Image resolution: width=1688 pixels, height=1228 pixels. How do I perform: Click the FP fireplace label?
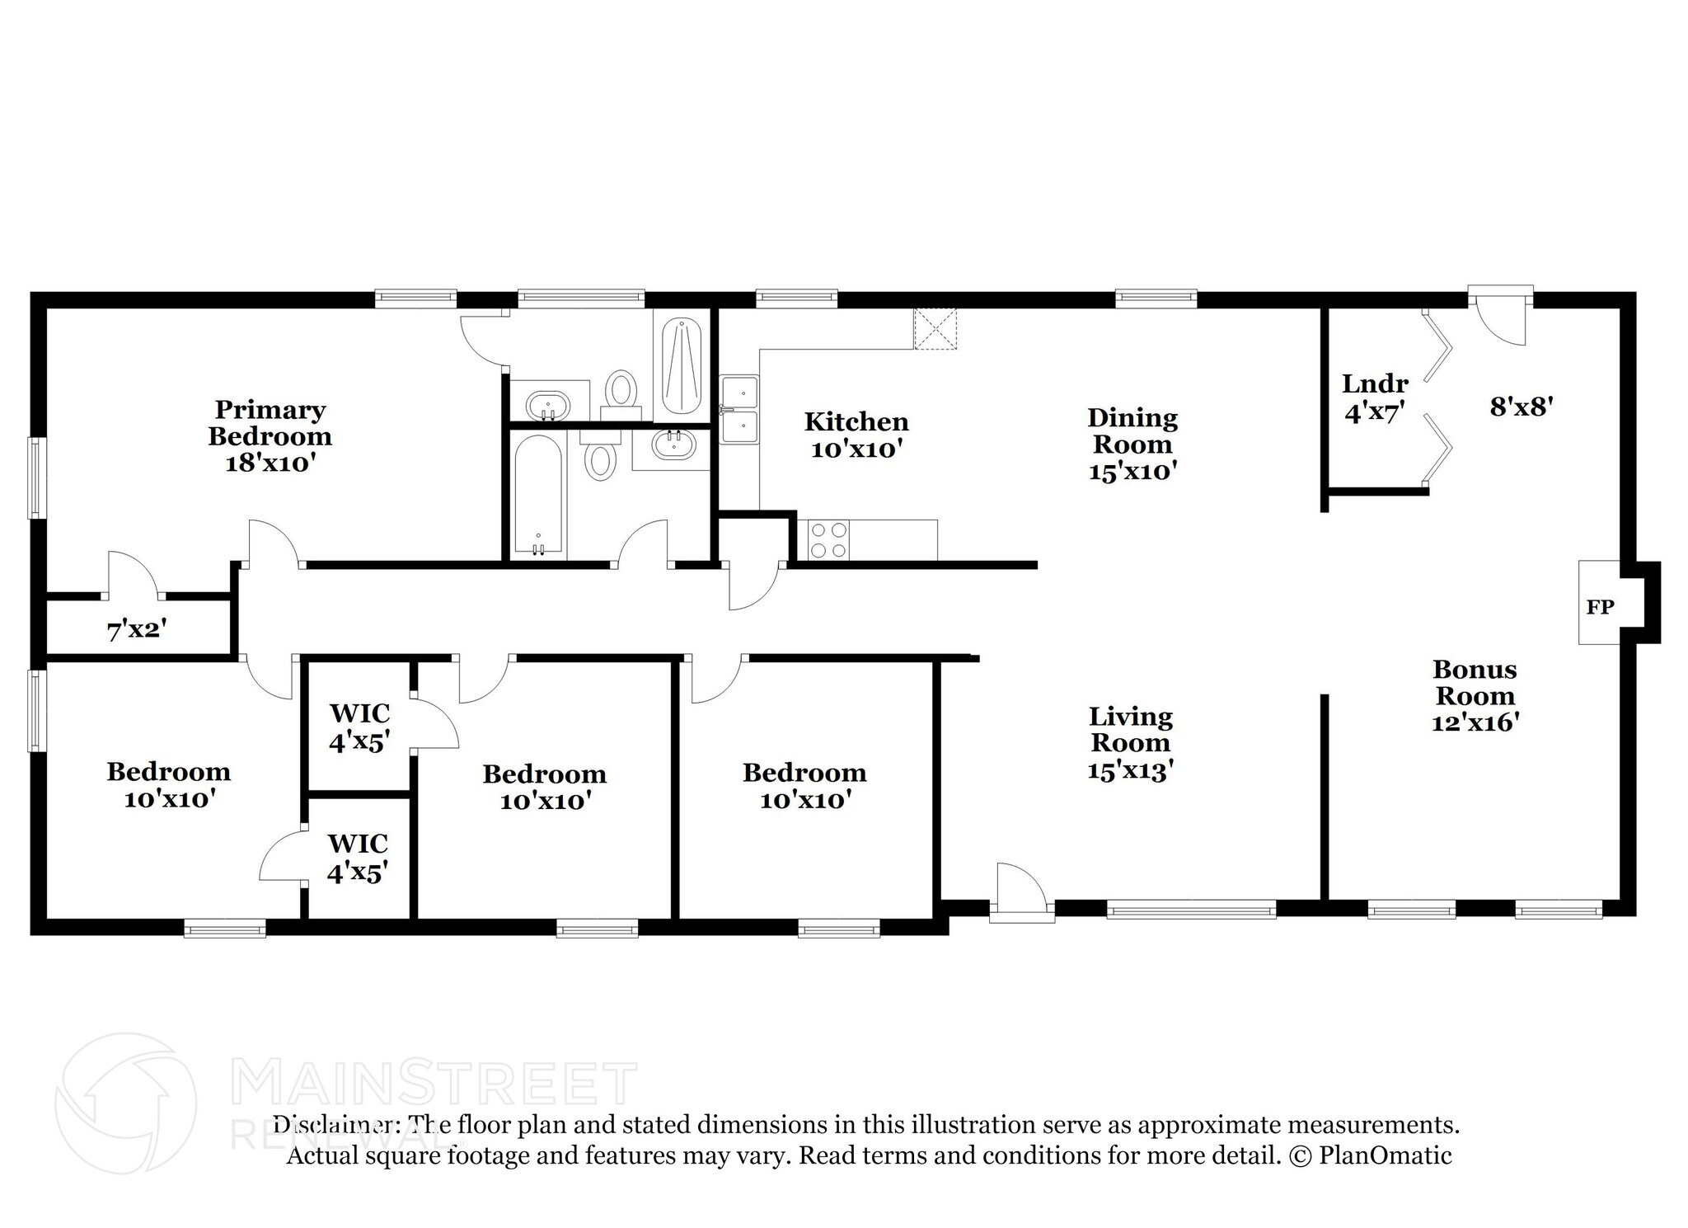1600,607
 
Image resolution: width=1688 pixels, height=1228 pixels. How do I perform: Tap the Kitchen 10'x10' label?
856,435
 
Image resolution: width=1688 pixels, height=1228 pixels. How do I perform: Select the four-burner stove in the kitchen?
828,540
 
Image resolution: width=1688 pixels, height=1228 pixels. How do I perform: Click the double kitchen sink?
739,409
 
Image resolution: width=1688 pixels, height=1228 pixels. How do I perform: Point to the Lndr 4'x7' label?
1375,397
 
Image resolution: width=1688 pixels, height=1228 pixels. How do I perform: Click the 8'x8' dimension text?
1522,406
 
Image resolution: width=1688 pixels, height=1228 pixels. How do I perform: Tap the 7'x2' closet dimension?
137,631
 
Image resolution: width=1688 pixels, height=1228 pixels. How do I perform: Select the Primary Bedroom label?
270,435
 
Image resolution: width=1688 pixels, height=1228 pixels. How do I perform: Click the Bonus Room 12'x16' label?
1475,695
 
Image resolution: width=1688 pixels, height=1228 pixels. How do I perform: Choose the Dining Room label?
1132,444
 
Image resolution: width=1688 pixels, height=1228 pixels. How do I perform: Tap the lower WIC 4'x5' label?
358,858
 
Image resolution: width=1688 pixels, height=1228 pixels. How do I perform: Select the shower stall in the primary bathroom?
682,365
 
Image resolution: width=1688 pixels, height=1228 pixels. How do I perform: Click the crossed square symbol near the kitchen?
935,328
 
